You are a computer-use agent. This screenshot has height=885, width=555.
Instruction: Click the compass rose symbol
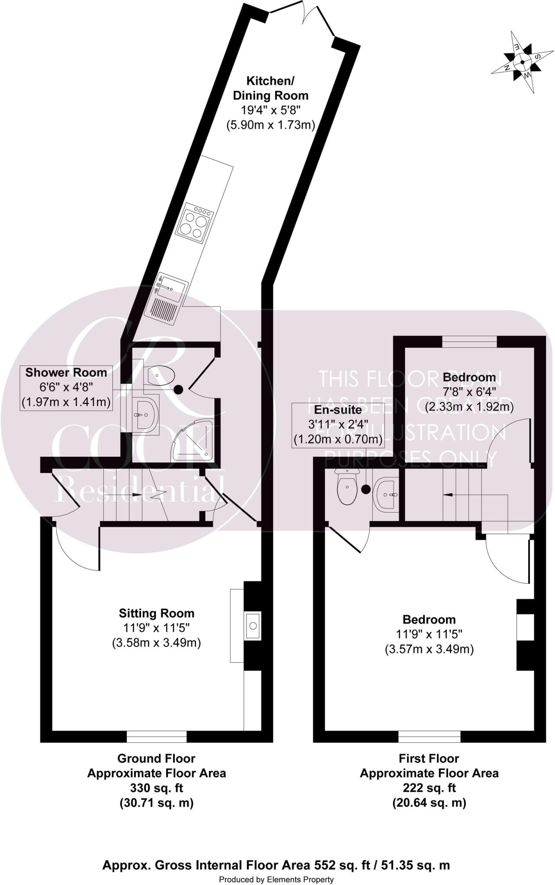coord(522,62)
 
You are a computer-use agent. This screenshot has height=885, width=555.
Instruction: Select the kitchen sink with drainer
coord(167,298)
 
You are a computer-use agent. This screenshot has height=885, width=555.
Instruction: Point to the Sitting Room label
coord(157,613)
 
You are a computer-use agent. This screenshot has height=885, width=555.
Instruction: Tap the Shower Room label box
coord(66,388)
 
